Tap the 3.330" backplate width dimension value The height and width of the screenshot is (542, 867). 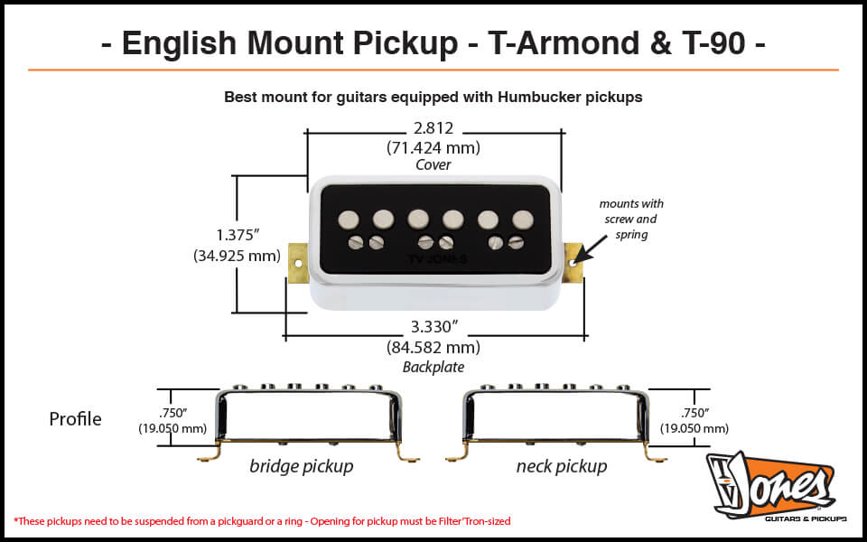[x=433, y=328]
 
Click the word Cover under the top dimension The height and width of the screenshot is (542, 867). [x=433, y=165]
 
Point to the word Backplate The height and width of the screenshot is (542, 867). [x=433, y=367]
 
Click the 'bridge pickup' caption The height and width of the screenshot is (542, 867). [x=301, y=467]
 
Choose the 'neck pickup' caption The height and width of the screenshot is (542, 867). [x=561, y=467]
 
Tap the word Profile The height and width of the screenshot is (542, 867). [x=75, y=419]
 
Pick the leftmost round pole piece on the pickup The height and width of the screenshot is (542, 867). [x=349, y=219]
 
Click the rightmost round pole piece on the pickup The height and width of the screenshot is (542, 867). [x=522, y=219]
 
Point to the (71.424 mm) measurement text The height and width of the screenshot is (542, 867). [x=433, y=147]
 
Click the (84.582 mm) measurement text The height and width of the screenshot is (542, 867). [x=433, y=347]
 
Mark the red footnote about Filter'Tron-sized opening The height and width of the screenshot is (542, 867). [x=268, y=521]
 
